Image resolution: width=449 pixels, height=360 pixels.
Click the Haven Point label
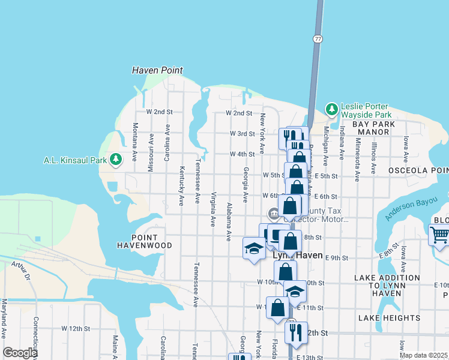pyautogui.click(x=157, y=70)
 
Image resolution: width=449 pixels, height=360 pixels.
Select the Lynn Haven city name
pyautogui.click(x=294, y=255)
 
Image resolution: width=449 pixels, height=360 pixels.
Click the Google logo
pyautogui.click(x=19, y=353)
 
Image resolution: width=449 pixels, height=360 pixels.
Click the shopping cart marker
pyautogui.click(x=440, y=235)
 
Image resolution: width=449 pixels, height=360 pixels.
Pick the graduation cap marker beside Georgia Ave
pyautogui.click(x=254, y=248)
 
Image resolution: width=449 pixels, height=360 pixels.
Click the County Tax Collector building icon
pyautogui.click(x=274, y=212)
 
